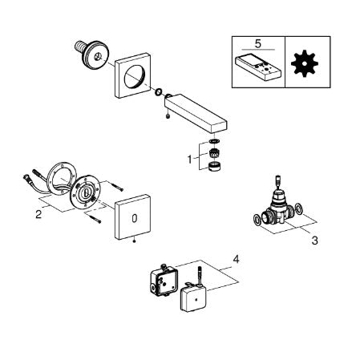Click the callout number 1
(189, 160)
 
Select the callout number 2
(38, 214)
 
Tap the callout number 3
(315, 241)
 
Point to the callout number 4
(236, 259)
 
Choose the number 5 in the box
(258, 43)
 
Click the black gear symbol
(305, 63)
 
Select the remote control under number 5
(258, 68)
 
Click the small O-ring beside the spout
(158, 92)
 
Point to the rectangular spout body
(196, 113)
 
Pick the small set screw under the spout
(168, 116)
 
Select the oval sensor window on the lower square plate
(135, 218)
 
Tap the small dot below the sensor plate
(135, 241)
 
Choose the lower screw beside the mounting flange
(95, 220)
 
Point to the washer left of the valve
(257, 219)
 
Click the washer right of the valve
(299, 208)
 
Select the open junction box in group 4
(164, 280)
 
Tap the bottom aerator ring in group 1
(214, 167)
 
